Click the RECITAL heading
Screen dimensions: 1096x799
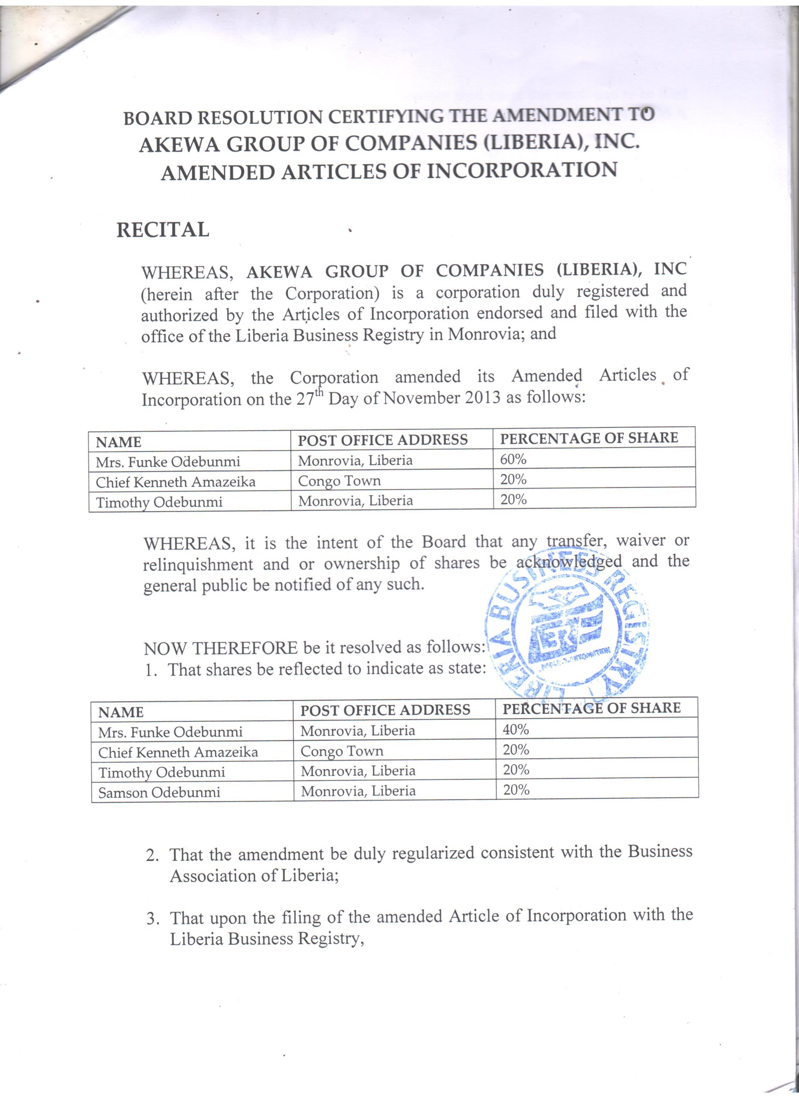[162, 229]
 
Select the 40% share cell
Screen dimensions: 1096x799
[515, 729]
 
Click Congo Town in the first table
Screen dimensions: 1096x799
[339, 481]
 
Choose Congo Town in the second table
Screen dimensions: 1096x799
[341, 751]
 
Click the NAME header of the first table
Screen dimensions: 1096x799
[119, 442]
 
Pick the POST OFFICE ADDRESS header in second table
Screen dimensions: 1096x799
[385, 710]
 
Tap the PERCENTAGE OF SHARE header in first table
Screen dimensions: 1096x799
[589, 438]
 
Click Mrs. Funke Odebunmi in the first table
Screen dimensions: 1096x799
[168, 462]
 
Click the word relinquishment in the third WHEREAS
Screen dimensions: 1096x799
[198, 564]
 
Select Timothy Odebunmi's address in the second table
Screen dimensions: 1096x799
[358, 771]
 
